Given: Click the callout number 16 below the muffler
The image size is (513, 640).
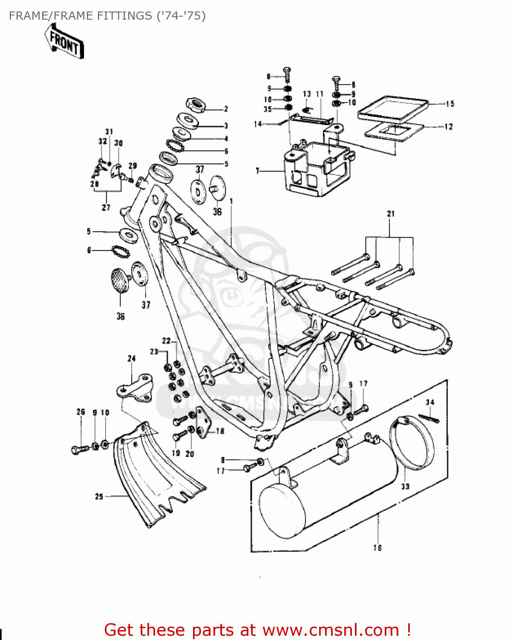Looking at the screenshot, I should click(x=378, y=547).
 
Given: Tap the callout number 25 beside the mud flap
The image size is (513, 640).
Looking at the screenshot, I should click(x=99, y=496).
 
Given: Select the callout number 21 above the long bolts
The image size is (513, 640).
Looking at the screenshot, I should click(x=391, y=214).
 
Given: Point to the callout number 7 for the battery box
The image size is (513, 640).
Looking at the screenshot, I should click(x=257, y=171).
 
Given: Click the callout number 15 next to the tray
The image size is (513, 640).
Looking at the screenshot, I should click(x=450, y=104).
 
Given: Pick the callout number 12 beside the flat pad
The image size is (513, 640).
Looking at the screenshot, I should click(x=448, y=127).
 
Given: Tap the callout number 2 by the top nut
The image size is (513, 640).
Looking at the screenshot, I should click(x=226, y=109).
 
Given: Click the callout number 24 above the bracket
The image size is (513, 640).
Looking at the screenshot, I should click(x=131, y=358).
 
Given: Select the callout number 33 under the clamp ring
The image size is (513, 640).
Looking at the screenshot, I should click(x=405, y=486).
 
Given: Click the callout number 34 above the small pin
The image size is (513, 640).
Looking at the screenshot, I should click(x=430, y=402).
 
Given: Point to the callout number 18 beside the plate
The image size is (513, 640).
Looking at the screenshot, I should click(x=220, y=431).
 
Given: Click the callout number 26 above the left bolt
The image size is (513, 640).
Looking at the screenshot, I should click(x=81, y=412).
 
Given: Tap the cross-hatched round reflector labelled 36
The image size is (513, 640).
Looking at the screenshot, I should click(x=121, y=280).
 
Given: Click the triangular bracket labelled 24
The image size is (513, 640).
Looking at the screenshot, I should click(x=135, y=387).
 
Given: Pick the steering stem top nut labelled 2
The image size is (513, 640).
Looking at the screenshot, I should click(x=196, y=104).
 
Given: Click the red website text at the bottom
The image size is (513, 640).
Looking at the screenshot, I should click(x=257, y=630).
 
